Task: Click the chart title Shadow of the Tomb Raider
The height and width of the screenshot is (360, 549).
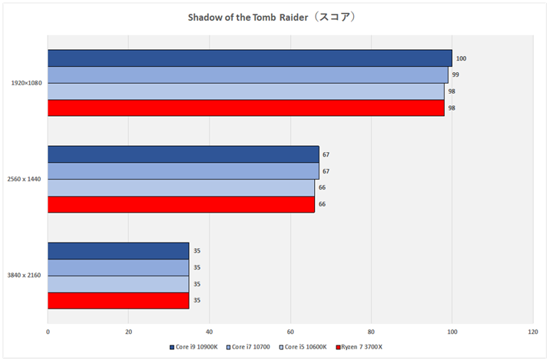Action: pos(273,16)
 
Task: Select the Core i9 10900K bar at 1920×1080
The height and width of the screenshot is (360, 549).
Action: pos(250,58)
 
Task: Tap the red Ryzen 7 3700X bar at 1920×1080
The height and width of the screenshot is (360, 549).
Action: pos(246,108)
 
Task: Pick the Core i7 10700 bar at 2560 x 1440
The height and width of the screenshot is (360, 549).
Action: pos(183,171)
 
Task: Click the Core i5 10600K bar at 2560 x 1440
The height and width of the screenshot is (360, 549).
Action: pos(181,188)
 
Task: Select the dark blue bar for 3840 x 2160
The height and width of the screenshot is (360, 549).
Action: pos(118,251)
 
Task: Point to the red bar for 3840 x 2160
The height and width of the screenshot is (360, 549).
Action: pos(118,301)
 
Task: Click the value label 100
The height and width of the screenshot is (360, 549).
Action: pos(461,58)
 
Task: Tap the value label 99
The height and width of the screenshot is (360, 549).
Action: pos(455,75)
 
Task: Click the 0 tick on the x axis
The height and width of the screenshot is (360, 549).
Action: pos(48,332)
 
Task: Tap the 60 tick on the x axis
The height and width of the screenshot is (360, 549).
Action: pos(290,332)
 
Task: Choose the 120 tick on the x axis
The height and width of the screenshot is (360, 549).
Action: pos(533,332)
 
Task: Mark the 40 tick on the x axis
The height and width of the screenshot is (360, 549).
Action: pos(210,332)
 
